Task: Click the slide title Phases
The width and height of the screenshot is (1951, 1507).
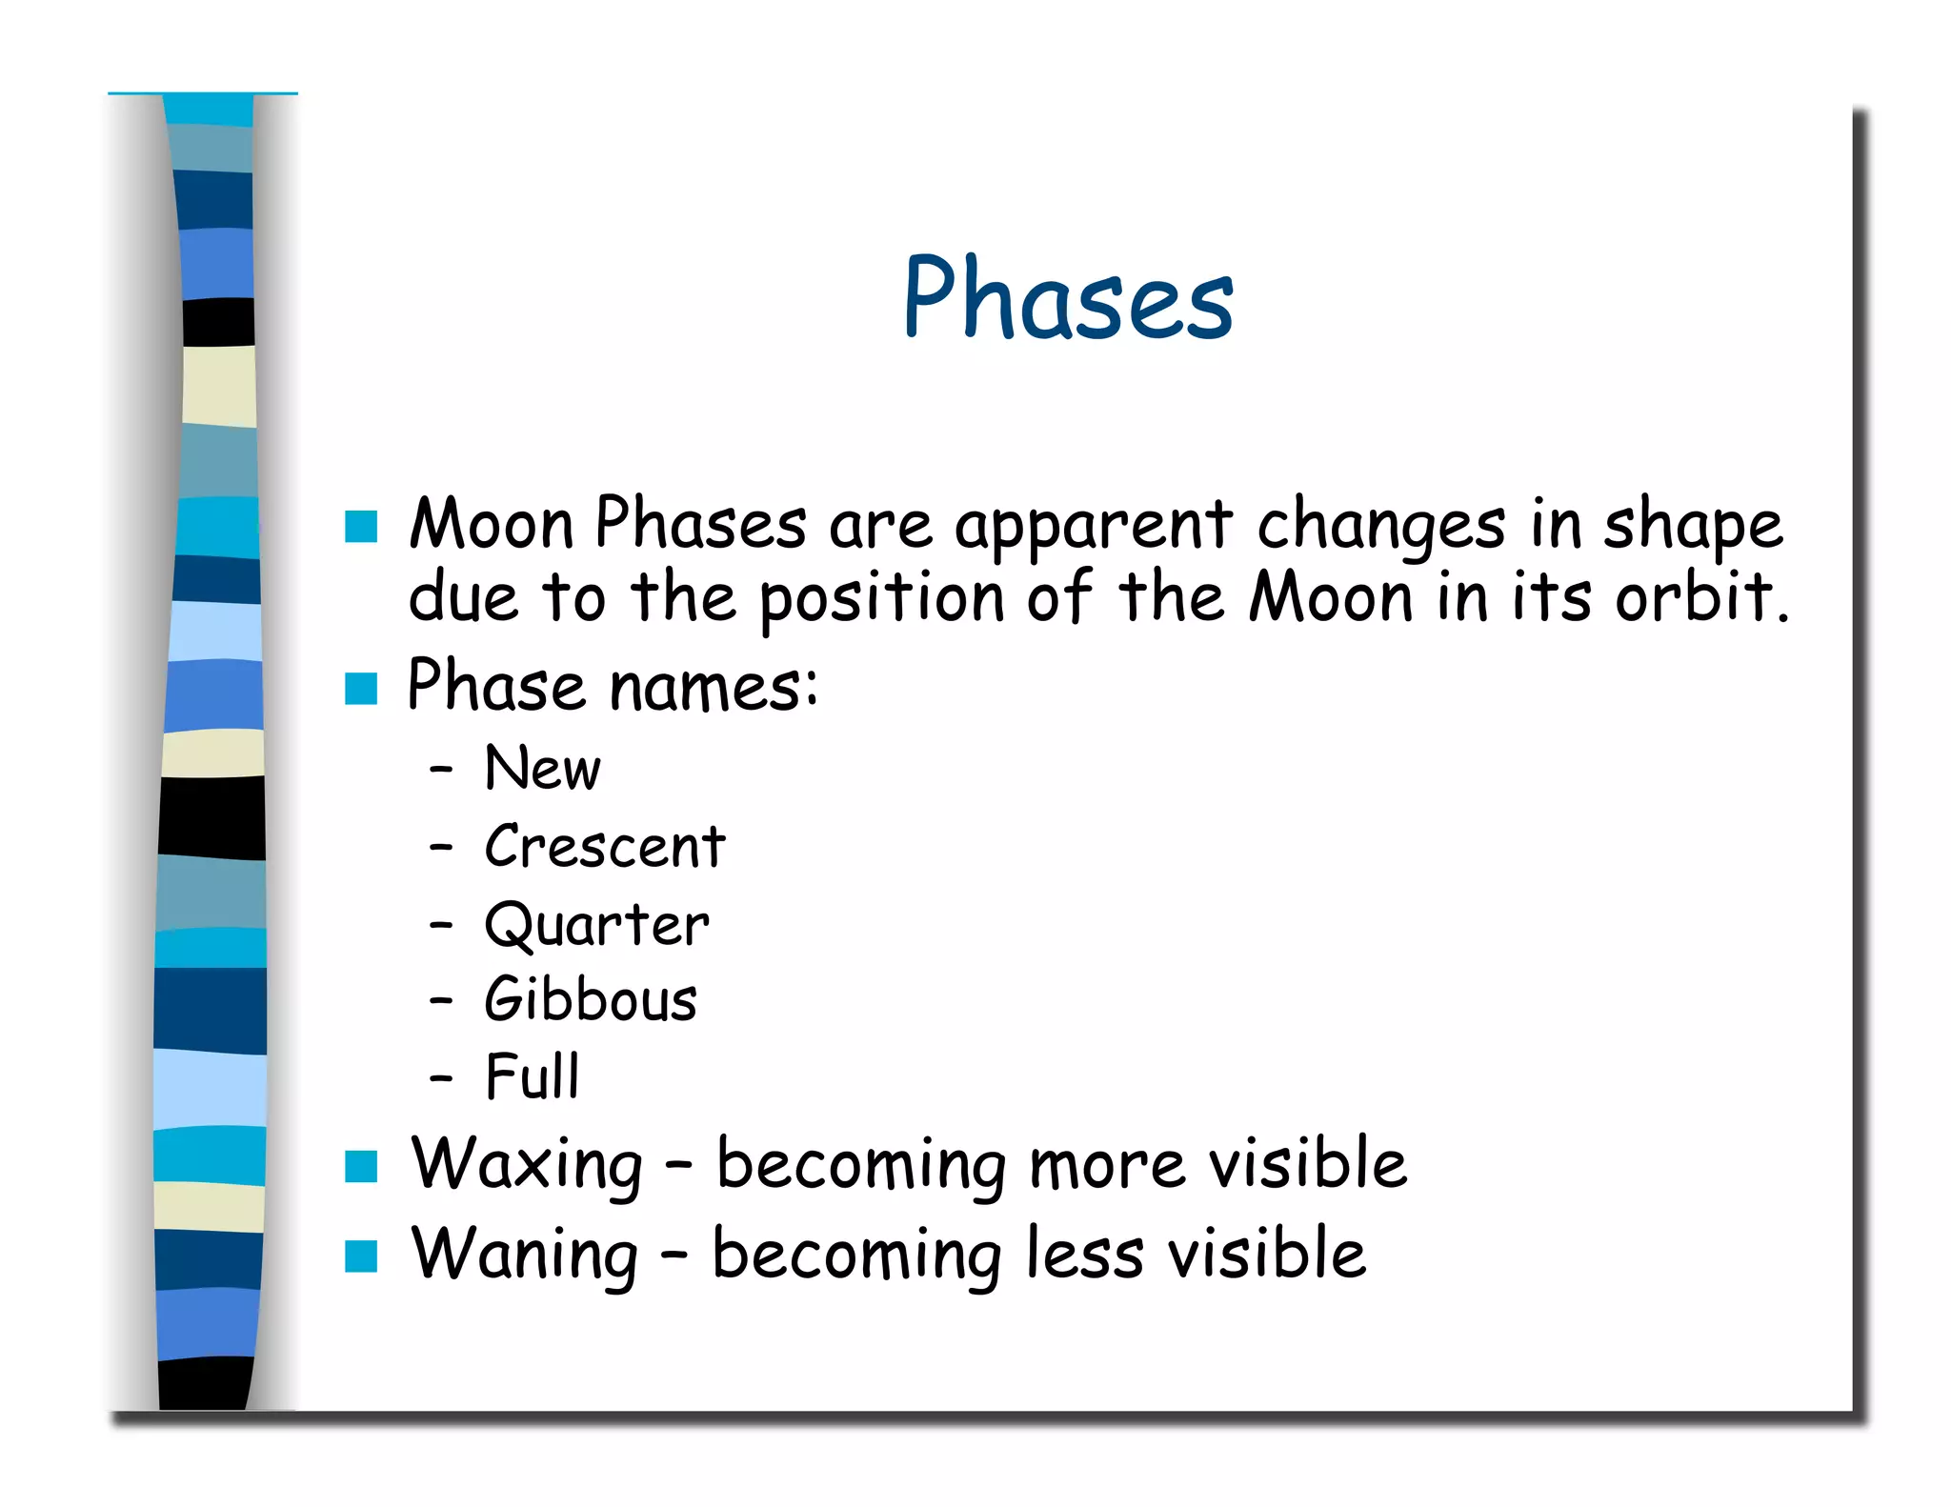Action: pos(1068,297)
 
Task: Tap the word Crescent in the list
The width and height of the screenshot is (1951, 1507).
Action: pos(604,846)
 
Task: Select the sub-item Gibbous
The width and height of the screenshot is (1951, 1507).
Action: pos(591,999)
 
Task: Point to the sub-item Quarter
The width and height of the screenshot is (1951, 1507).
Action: pos(596,924)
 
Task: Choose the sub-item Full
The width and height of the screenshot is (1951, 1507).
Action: pos(532,1076)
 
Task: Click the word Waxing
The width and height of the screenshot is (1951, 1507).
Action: pos(527,1164)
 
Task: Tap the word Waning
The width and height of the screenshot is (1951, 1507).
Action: pos(525,1254)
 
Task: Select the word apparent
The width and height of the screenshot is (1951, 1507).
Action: pos(1094,526)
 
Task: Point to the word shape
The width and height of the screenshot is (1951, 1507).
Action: pos(1693,526)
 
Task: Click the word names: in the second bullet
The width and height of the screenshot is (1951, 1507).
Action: pos(713,687)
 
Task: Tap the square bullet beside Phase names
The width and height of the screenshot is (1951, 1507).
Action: pos(361,688)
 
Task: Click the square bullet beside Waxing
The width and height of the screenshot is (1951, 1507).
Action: pos(361,1165)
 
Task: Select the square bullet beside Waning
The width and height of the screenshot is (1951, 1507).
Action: pos(361,1256)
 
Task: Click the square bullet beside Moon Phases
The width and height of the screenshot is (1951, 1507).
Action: pos(361,526)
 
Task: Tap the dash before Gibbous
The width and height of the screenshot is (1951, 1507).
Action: pos(440,1000)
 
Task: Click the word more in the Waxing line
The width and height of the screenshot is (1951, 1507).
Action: pos(1108,1164)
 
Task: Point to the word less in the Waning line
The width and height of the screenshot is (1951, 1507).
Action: pos(1084,1254)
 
